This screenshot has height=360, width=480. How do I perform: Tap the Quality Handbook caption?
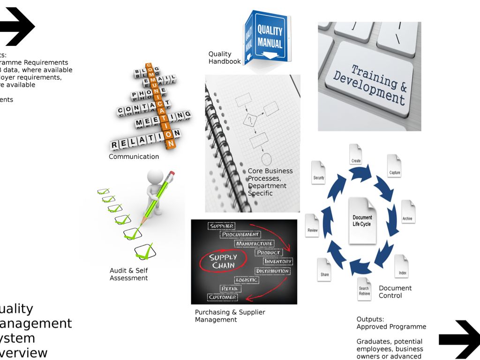(x=224, y=58)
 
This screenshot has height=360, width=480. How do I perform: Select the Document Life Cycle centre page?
(x=362, y=220)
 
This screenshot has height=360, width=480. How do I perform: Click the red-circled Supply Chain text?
(x=223, y=261)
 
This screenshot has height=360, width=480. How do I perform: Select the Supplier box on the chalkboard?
(x=222, y=226)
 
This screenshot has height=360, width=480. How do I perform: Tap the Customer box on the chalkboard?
(x=223, y=297)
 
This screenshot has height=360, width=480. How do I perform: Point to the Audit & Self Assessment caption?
(x=128, y=274)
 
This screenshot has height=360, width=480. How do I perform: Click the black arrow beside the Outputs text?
(x=458, y=339)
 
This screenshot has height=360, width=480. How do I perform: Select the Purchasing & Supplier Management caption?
(x=230, y=316)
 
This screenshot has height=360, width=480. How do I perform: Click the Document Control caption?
(x=395, y=292)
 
